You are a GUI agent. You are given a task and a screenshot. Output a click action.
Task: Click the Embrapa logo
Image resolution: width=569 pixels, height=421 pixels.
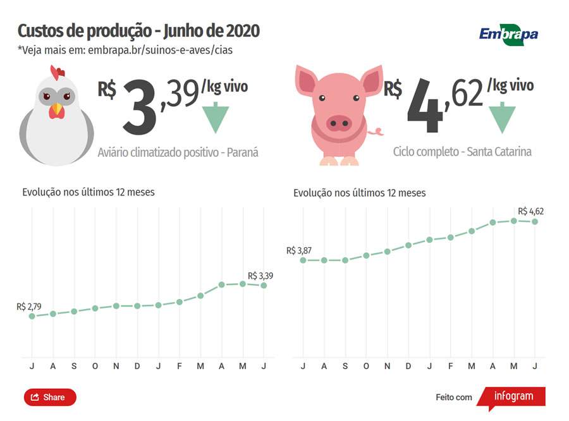(508, 34)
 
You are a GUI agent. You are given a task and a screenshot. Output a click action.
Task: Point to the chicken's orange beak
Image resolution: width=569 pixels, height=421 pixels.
(57, 110)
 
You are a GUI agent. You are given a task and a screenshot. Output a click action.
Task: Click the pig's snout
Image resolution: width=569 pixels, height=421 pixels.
(339, 123)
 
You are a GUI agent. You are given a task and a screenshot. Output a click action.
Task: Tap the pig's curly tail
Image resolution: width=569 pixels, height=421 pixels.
(377, 132)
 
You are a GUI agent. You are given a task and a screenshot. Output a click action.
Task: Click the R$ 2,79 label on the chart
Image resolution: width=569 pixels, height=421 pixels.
(29, 307)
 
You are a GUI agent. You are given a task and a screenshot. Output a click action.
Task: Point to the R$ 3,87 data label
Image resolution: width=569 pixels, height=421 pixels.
(299, 250)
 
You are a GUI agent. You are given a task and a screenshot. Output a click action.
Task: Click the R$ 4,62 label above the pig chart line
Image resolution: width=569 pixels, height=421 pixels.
(530, 211)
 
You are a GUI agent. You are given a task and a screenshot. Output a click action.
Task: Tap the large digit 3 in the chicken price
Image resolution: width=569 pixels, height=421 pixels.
(139, 107)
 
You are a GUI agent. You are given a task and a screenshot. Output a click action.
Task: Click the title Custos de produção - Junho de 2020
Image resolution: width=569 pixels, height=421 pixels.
(138, 31)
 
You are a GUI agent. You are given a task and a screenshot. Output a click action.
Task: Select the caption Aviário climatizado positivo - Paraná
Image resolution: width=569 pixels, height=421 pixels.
(178, 152)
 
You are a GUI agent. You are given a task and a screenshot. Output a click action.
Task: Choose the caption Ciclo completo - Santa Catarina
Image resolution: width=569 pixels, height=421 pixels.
(462, 152)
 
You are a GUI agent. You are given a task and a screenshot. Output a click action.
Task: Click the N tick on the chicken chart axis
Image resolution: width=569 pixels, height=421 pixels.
(116, 366)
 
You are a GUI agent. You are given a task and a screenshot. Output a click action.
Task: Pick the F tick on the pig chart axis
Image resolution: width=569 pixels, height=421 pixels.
(451, 366)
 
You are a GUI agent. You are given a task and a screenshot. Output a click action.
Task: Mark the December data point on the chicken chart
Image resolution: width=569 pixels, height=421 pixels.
(137, 306)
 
